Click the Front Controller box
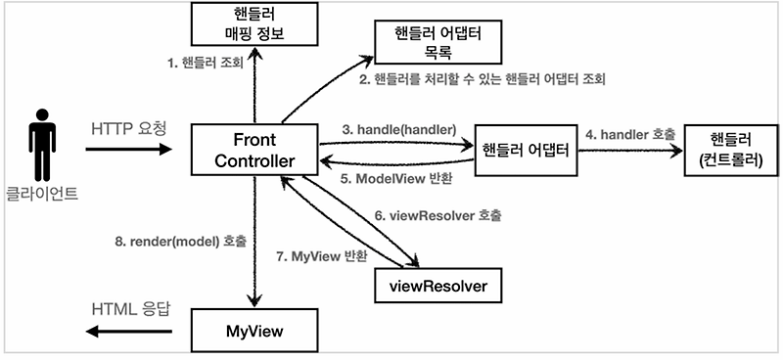(x=253, y=149)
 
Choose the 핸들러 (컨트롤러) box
(x=726, y=150)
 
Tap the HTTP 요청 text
(x=128, y=128)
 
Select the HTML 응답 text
(x=129, y=309)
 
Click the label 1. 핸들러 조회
(x=203, y=66)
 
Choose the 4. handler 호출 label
(x=629, y=132)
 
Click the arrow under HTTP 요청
(x=128, y=150)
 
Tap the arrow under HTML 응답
(x=128, y=331)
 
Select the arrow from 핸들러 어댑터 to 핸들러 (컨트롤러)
(x=628, y=150)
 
